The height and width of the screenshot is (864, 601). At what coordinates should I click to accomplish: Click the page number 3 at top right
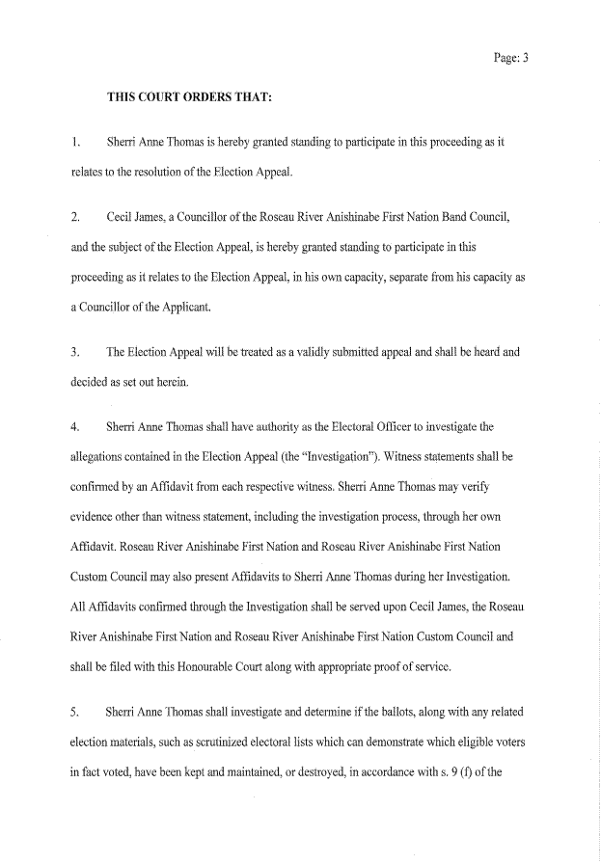point(526,57)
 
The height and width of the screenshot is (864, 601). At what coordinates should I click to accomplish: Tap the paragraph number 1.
point(74,142)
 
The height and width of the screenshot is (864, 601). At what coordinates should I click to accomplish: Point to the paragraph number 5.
point(74,713)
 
